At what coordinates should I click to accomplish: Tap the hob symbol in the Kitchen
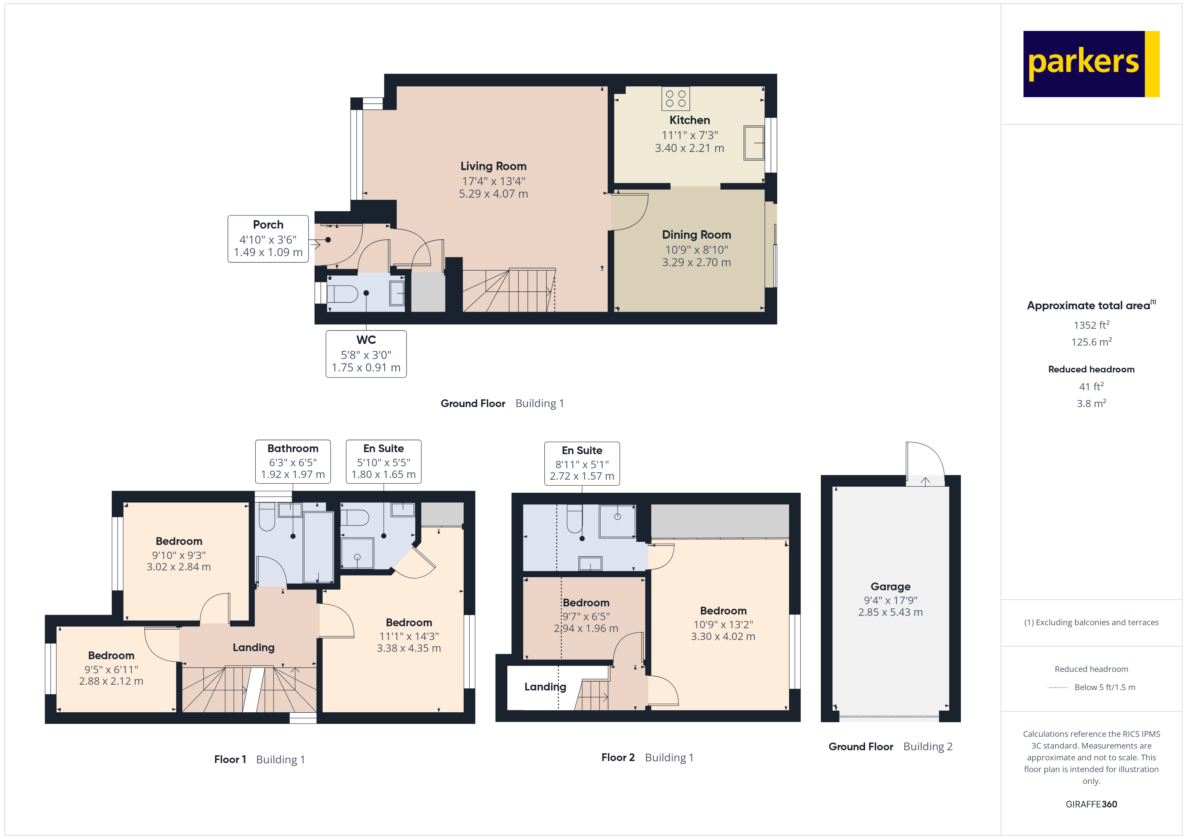coord(675,99)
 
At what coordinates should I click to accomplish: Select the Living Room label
coord(493,166)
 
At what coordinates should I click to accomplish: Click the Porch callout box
coord(268,239)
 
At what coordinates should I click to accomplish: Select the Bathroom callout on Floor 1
coord(293,461)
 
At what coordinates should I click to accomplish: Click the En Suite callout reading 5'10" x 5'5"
coord(383,461)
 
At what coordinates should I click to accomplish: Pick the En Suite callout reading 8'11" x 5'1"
coord(582,464)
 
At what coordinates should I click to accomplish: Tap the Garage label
coord(890,586)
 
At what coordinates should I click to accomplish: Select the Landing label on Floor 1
coord(253,647)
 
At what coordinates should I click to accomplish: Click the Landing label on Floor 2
coord(545,687)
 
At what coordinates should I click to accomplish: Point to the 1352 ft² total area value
coord(1091,325)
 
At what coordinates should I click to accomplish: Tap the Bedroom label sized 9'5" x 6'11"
coord(111,655)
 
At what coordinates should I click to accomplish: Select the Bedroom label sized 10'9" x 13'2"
coord(723,611)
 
